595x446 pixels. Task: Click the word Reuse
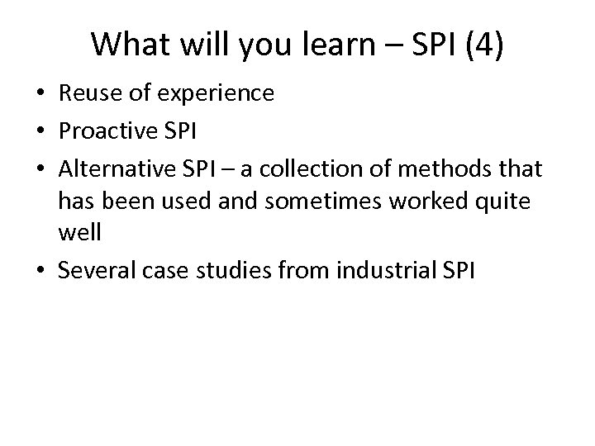(x=87, y=94)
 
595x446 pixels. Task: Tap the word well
(x=79, y=233)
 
